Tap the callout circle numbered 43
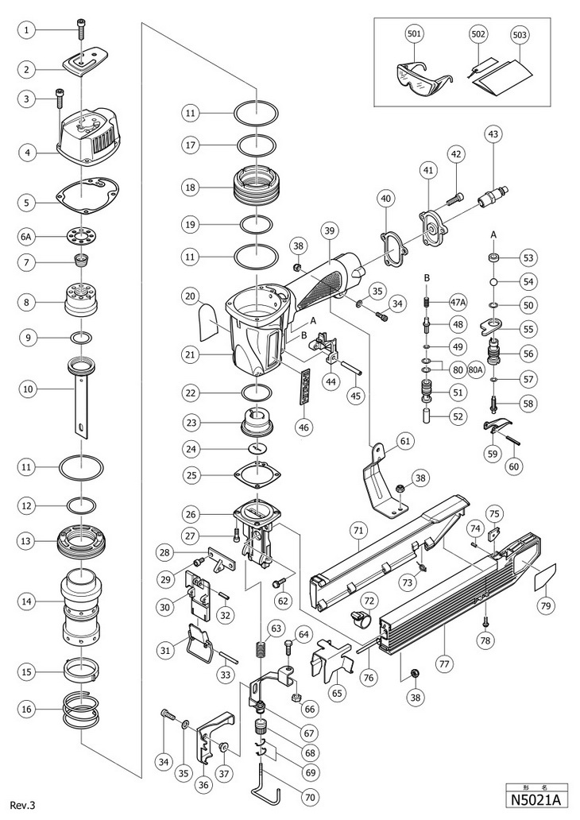click(493, 134)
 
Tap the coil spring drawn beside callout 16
click(81, 709)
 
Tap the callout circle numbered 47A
click(458, 302)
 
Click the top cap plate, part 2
click(87, 64)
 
